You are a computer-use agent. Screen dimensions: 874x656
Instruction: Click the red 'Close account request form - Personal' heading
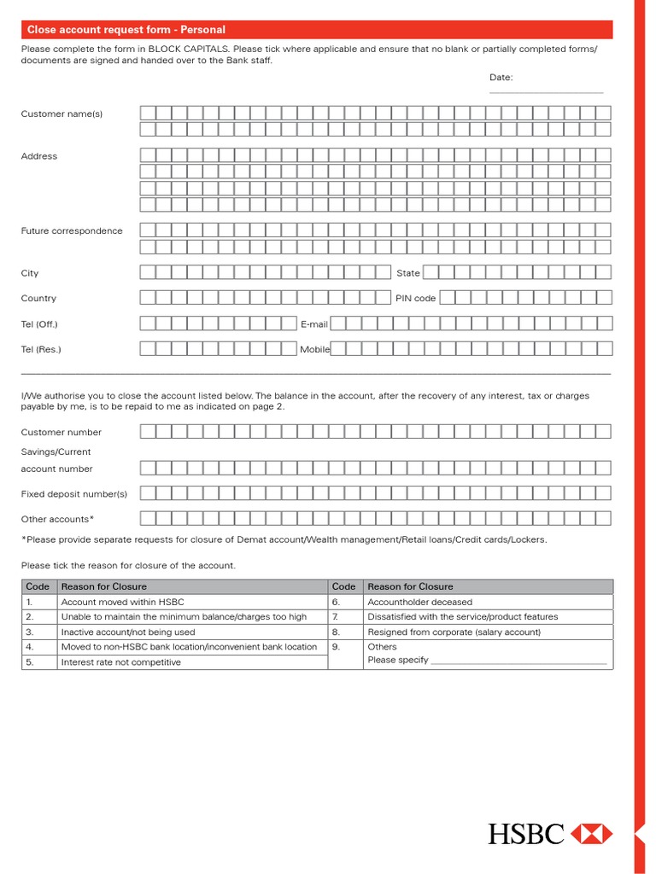click(x=126, y=30)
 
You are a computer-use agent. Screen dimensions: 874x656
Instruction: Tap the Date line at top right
click(x=546, y=90)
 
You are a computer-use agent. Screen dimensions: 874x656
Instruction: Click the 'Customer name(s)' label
click(x=61, y=114)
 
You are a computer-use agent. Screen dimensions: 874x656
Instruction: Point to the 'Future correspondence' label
click(x=72, y=231)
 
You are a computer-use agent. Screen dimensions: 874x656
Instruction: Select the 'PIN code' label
click(x=415, y=299)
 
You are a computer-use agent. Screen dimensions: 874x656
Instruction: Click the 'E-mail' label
click(x=313, y=324)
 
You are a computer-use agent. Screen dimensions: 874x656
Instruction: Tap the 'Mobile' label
click(x=314, y=349)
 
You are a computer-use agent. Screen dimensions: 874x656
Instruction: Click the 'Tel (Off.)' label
click(x=39, y=324)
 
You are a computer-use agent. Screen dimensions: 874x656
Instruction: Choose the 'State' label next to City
click(x=408, y=273)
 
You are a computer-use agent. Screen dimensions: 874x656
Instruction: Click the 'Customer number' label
click(x=61, y=433)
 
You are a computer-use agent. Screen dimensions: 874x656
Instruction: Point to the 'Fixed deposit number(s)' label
click(x=73, y=494)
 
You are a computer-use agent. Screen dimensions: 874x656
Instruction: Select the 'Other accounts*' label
click(x=57, y=519)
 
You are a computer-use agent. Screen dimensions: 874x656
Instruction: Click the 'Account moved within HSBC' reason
click(x=122, y=602)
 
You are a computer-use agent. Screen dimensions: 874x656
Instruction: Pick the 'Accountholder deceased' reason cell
click(x=419, y=602)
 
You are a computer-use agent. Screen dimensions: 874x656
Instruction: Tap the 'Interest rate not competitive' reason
click(x=120, y=662)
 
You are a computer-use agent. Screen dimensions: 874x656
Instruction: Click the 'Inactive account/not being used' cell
click(x=128, y=632)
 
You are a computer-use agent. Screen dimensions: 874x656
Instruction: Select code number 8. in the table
click(x=336, y=632)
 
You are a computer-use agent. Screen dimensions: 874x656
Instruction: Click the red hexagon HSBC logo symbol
click(x=591, y=834)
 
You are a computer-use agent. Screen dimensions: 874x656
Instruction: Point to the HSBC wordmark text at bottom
click(x=526, y=834)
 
